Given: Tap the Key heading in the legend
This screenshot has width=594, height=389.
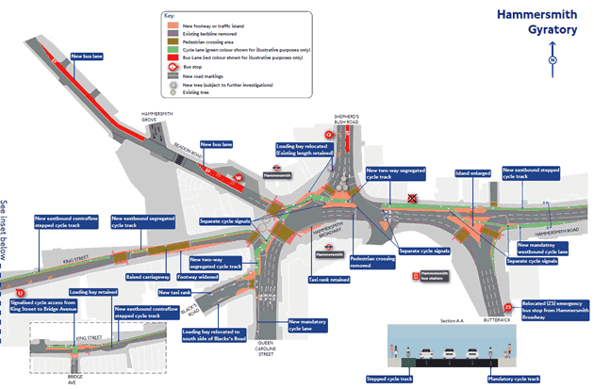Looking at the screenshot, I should tap(171, 17).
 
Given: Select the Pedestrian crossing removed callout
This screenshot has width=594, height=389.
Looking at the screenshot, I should tap(371, 261).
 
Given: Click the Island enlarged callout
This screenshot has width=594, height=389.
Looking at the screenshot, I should tap(473, 173).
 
